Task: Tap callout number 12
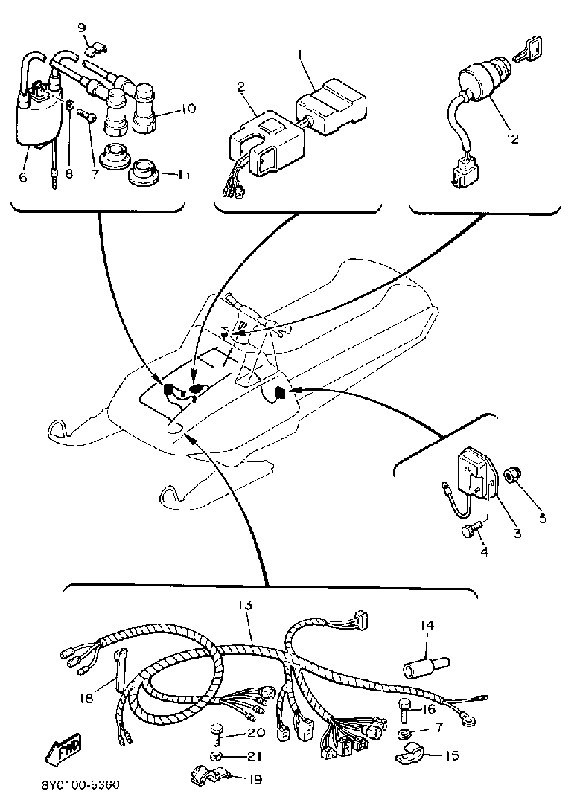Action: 513,138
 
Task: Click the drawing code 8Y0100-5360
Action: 80,785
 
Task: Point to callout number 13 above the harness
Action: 244,605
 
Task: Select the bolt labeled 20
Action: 217,731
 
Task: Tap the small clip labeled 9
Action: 96,50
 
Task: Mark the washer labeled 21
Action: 217,756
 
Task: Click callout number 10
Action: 188,109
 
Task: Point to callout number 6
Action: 23,177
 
